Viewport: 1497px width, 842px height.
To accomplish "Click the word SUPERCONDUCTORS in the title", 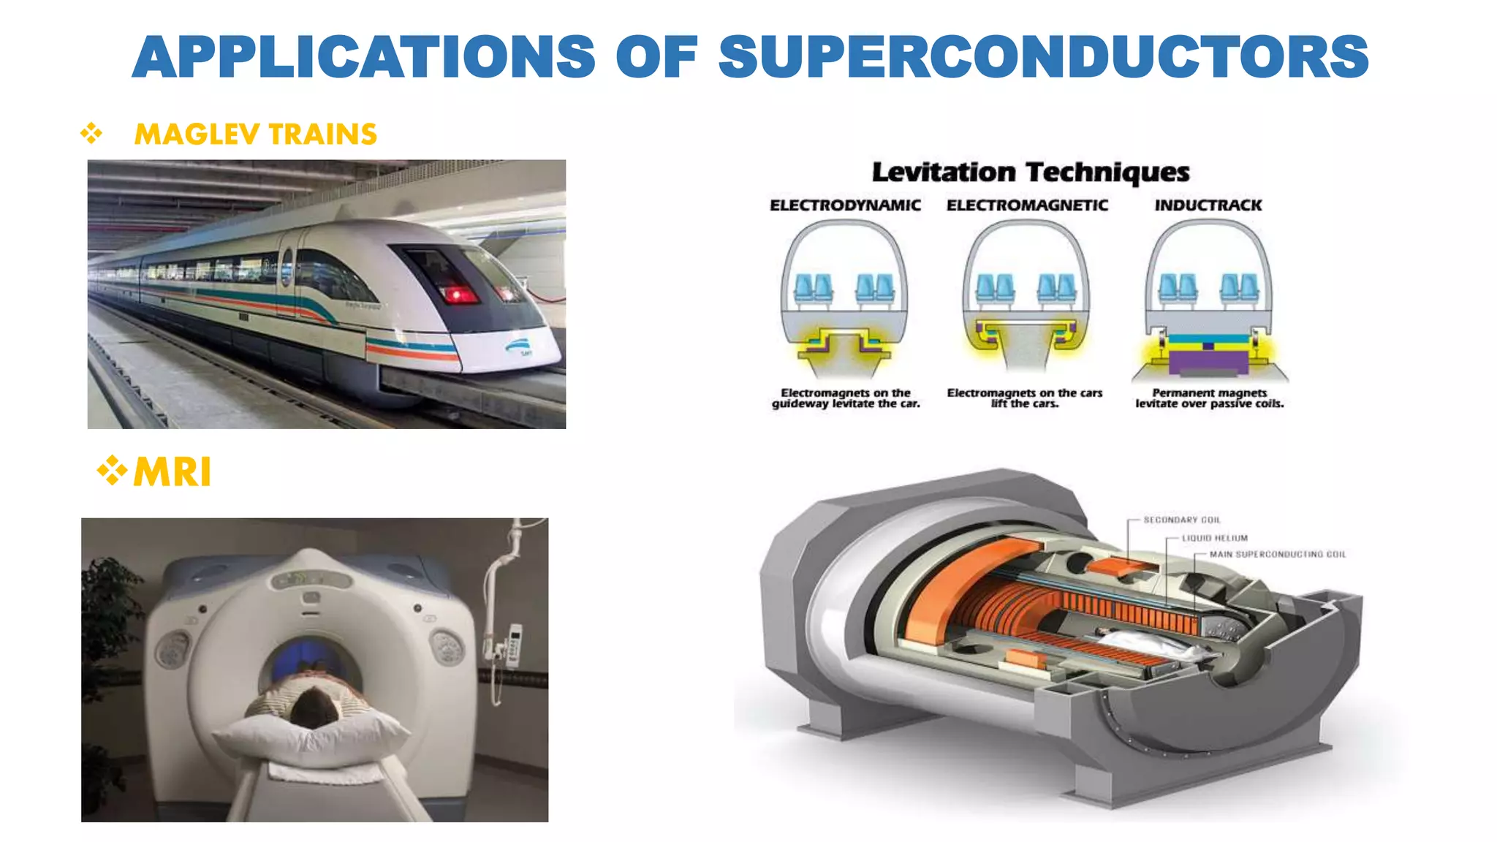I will (1044, 57).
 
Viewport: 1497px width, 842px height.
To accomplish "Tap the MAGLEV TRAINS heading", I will (256, 134).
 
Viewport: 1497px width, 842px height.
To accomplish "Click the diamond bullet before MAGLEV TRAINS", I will (91, 133).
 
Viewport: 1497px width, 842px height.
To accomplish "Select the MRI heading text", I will (173, 471).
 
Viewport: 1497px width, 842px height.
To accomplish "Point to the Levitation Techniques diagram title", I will (1031, 172).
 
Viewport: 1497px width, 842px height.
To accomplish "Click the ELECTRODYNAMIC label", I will (845, 205).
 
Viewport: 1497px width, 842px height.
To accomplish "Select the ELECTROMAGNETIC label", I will (1027, 205).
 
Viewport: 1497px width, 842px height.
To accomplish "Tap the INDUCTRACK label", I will (1208, 205).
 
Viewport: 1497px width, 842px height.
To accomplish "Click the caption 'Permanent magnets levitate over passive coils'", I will (1210, 398).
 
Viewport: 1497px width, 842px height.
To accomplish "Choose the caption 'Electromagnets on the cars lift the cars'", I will (1025, 398).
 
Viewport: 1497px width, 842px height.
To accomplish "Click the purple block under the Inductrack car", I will (1208, 362).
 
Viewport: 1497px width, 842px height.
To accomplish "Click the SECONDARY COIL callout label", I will (1182, 520).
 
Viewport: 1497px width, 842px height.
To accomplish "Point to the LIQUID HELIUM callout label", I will (1215, 538).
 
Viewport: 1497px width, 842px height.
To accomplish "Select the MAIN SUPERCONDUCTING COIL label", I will (1278, 555).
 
